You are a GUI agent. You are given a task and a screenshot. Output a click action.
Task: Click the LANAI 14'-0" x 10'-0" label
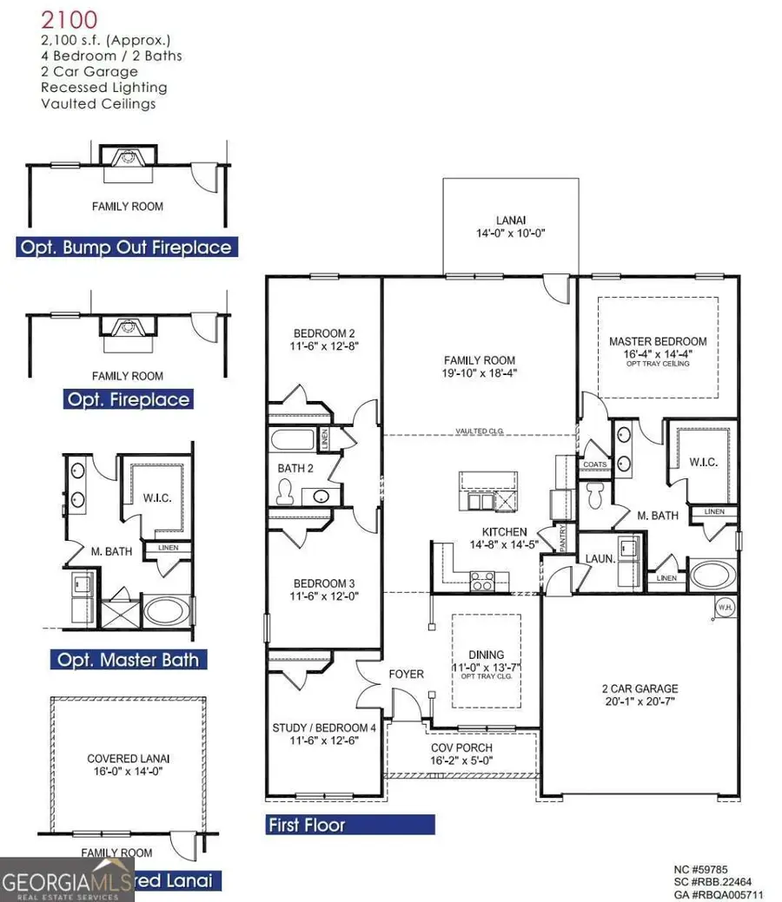coord(510,227)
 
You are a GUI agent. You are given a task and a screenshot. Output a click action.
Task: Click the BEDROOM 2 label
coord(323,339)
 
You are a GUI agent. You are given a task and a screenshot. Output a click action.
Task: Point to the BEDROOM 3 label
coord(323,589)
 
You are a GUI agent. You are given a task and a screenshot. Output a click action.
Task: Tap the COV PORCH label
coord(461,754)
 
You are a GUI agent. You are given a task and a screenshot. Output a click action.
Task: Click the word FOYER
coord(406,674)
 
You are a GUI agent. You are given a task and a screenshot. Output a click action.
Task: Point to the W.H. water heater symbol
coord(724,607)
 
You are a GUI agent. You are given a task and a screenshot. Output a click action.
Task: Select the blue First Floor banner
coord(350,825)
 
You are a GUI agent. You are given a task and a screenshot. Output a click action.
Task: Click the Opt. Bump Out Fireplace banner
coord(127,247)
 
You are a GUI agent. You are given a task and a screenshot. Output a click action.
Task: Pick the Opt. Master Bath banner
coord(129,659)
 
